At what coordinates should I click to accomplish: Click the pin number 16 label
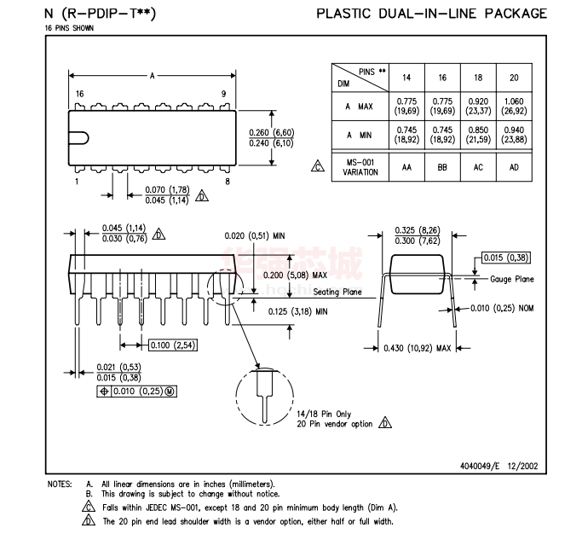[x=79, y=94]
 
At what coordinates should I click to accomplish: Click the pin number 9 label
[x=224, y=94]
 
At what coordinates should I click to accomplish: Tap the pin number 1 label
[x=76, y=182]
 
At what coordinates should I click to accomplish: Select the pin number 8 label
[x=228, y=182]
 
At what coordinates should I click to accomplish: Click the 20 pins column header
[x=514, y=78]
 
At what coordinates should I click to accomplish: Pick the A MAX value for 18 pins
[x=478, y=106]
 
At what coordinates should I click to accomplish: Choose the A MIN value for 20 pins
[x=514, y=134]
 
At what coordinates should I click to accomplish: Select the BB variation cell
[x=442, y=167]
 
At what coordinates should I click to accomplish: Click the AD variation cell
[x=514, y=167]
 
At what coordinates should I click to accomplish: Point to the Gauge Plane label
[x=512, y=279]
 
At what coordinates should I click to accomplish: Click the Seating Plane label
[x=337, y=292]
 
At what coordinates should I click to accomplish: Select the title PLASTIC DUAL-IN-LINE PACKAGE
[x=431, y=14]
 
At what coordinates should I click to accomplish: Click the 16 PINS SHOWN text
[x=70, y=28]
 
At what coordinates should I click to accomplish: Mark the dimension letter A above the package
[x=153, y=76]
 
